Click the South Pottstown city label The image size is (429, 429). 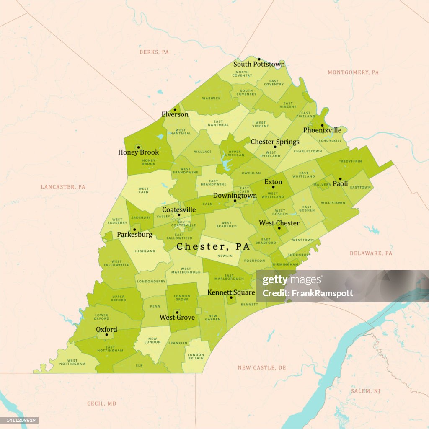(259, 64)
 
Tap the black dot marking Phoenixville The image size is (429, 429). (322, 125)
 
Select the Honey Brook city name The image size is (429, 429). (139, 152)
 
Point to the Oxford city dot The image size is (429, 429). (106, 335)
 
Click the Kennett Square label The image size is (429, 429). (231, 292)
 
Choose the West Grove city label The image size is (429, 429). (177, 317)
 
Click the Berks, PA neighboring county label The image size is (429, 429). (154, 52)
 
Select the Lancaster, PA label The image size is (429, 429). (63, 187)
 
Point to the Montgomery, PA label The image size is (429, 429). (353, 72)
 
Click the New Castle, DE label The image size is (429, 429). (262, 367)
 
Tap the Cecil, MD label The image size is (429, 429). (101, 403)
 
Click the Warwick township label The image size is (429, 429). (211, 98)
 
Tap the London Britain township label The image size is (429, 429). (196, 357)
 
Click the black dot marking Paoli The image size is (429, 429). (340, 179)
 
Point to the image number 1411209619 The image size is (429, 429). (20, 420)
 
